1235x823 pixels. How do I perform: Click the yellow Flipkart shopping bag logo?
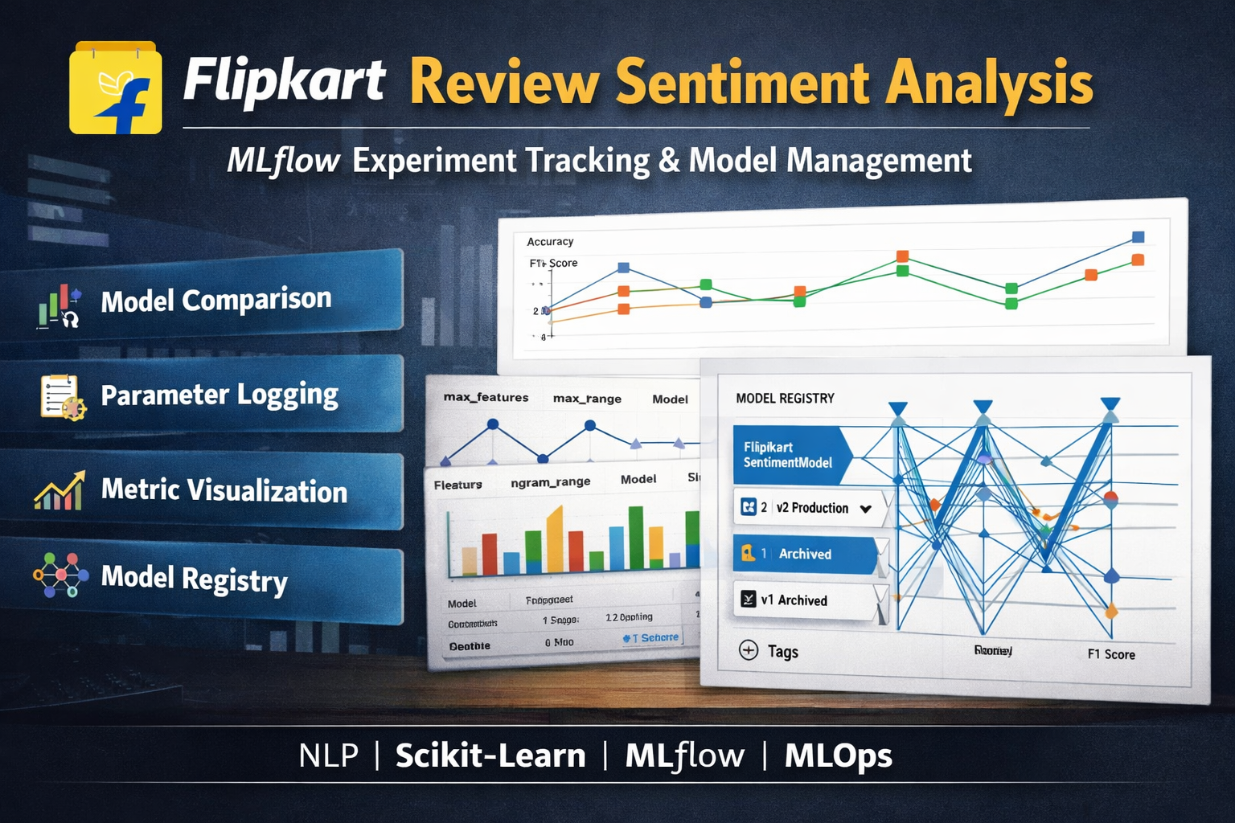coord(115,88)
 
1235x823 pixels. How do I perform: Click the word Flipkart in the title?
coord(284,80)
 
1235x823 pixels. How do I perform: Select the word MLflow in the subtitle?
coord(283,161)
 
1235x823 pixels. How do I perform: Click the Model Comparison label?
coord(215,300)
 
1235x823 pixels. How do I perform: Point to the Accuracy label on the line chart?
coord(550,241)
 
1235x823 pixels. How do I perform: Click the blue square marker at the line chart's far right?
coord(1138,237)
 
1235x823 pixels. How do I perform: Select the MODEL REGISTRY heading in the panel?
coord(785,398)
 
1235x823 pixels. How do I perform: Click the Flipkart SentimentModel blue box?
coord(788,455)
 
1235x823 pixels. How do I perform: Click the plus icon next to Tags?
coord(749,650)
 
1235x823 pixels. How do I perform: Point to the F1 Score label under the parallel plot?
coord(1111,654)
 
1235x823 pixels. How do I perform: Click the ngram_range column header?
coord(550,482)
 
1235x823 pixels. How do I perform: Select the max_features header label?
coord(486,397)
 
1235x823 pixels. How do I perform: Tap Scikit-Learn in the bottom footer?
coord(490,755)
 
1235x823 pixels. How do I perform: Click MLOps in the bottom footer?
coord(838,755)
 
